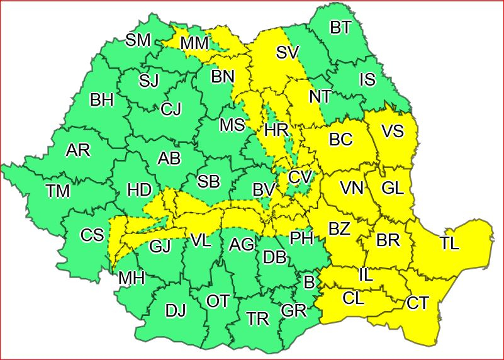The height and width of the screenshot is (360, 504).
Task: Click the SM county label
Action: (x=138, y=40)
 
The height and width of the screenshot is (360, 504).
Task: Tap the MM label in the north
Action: (x=195, y=43)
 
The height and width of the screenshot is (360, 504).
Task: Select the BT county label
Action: (x=340, y=28)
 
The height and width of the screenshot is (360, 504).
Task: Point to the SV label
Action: (x=286, y=53)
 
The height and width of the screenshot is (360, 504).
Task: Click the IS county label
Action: (x=367, y=79)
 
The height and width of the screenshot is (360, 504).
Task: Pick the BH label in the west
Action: (x=102, y=100)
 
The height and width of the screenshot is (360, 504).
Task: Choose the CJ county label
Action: (x=171, y=110)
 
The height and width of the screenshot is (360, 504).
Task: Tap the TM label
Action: (x=57, y=191)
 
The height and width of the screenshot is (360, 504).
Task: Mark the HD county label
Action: (x=138, y=189)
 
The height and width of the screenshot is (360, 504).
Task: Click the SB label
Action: (x=208, y=182)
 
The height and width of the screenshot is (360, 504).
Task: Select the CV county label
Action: (x=300, y=177)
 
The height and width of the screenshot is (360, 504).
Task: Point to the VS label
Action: (x=393, y=132)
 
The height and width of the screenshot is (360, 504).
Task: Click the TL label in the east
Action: (x=449, y=244)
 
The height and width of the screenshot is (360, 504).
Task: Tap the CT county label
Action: (x=417, y=303)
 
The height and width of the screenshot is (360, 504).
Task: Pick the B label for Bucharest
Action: (x=309, y=283)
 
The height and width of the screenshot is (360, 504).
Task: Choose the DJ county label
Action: (x=176, y=310)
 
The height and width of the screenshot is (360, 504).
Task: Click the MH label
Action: (x=132, y=278)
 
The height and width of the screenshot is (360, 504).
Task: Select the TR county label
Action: (x=258, y=318)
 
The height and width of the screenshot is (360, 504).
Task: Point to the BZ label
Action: (x=339, y=229)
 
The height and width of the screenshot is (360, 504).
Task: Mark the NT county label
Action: (x=320, y=97)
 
